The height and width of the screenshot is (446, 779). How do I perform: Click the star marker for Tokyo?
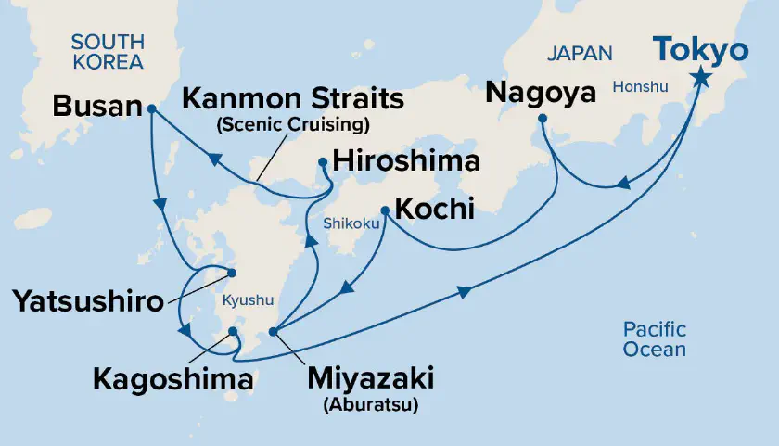pyautogui.click(x=699, y=80)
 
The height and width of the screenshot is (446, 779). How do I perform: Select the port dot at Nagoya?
pyautogui.click(x=543, y=119)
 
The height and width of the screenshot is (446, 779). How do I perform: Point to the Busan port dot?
pyautogui.click(x=151, y=108)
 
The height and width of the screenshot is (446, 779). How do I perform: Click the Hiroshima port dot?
pyautogui.click(x=322, y=161)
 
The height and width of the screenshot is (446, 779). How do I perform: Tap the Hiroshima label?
pyautogui.click(x=408, y=162)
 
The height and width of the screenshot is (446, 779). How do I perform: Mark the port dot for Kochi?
pyautogui.click(x=385, y=210)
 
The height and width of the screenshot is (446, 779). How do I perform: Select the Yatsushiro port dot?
pyautogui.click(x=232, y=273)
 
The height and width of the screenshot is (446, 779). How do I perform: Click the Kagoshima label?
pyautogui.click(x=172, y=378)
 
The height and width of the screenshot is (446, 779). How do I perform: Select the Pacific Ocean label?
pyautogui.click(x=655, y=338)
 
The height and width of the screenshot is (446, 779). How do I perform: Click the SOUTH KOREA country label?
pyautogui.click(x=108, y=52)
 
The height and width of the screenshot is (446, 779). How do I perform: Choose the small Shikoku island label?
pyautogui.click(x=349, y=224)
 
